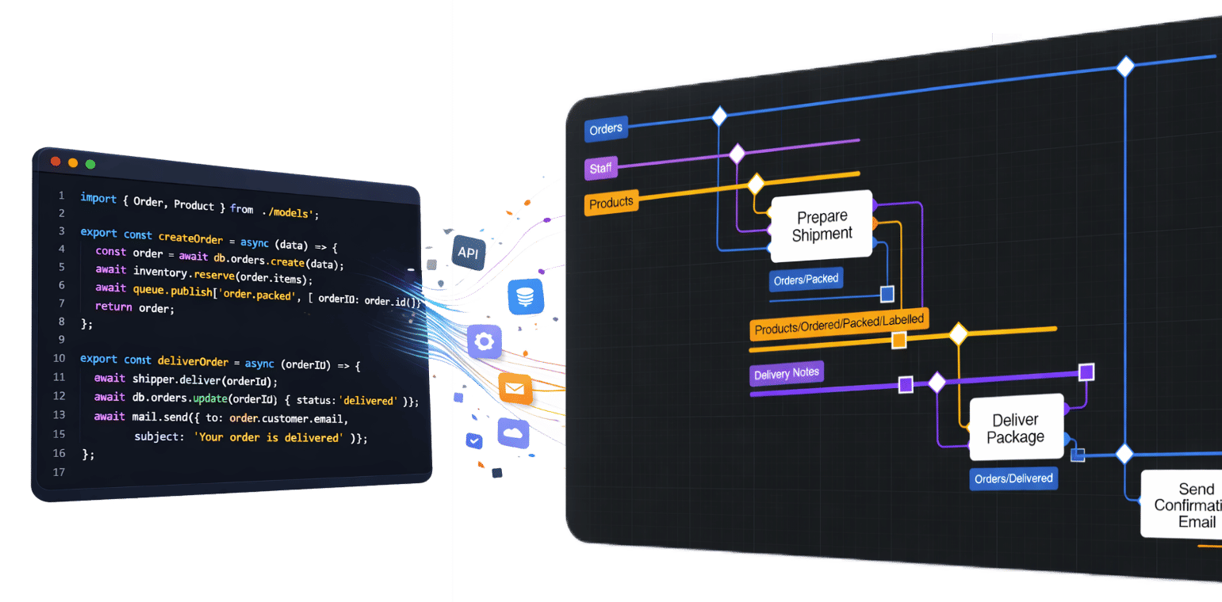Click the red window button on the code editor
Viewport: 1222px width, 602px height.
point(55,161)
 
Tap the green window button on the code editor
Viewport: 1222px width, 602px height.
point(90,164)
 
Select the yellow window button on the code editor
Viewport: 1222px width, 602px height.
point(73,162)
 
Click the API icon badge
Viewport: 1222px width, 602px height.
point(468,253)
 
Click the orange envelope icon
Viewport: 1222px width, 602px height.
point(515,388)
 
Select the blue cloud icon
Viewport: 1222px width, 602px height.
point(514,432)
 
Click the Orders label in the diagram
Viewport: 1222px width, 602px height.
point(607,128)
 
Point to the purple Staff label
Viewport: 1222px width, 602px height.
point(601,168)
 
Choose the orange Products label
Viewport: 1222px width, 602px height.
point(611,203)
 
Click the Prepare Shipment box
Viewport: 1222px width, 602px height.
point(822,226)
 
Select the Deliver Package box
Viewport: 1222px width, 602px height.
point(1016,428)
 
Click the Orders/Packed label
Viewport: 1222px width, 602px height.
point(806,280)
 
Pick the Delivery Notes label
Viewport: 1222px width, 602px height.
point(787,374)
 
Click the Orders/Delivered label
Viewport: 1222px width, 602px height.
point(1013,478)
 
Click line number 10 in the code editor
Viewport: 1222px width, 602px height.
point(59,357)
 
